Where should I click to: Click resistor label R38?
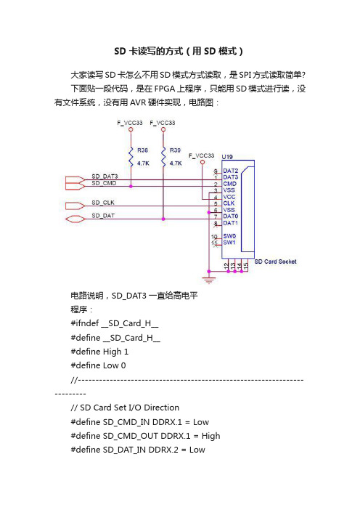click(x=142, y=150)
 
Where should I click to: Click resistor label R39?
click(x=175, y=150)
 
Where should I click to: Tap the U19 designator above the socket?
click(x=227, y=157)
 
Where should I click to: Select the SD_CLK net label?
click(x=103, y=203)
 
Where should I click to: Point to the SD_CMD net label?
click(x=104, y=183)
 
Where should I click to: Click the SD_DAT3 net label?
click(x=105, y=177)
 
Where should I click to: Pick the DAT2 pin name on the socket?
click(x=230, y=171)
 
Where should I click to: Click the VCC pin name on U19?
click(x=229, y=197)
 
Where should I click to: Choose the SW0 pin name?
click(x=229, y=236)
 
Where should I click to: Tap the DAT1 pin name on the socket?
click(x=230, y=223)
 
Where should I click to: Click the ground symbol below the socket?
click(x=208, y=280)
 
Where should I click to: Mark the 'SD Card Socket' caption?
click(x=276, y=262)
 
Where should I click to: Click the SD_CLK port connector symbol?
click(x=75, y=206)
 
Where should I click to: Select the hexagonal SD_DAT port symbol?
click(x=75, y=219)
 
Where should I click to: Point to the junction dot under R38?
click(x=131, y=187)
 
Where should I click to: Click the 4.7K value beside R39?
click(x=176, y=163)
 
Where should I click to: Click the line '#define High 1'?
click(x=99, y=352)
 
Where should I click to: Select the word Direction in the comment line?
click(x=161, y=408)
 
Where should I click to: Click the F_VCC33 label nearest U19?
click(x=202, y=155)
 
